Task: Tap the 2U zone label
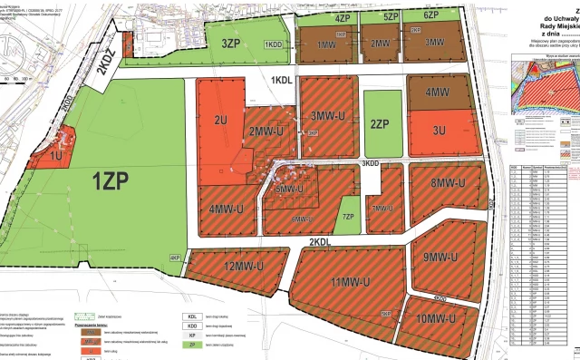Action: click(x=219, y=120)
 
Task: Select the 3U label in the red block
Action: click(x=440, y=131)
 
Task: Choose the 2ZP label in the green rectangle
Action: click(x=380, y=124)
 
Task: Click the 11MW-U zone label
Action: click(x=353, y=280)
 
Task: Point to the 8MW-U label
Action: click(x=448, y=183)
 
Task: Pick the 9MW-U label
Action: click(x=444, y=256)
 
